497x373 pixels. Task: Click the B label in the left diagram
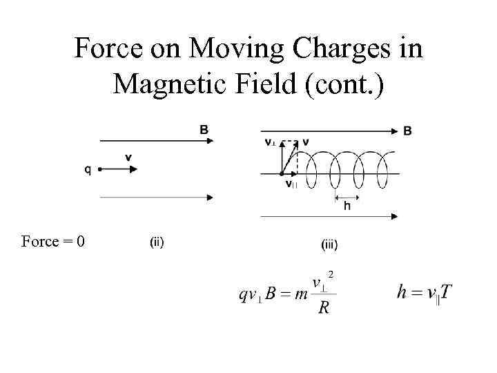pyautogui.click(x=204, y=129)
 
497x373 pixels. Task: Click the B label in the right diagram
pyautogui.click(x=408, y=130)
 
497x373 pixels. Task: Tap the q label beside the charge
pyautogui.click(x=88, y=171)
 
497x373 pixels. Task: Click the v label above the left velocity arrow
pyautogui.click(x=128, y=157)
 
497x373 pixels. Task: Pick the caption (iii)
pyautogui.click(x=329, y=243)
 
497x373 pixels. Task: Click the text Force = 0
pyautogui.click(x=53, y=241)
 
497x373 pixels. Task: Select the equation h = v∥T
pyautogui.click(x=425, y=292)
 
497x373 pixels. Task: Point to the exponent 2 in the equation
pyautogui.click(x=331, y=275)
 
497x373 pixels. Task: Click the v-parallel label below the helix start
pyautogui.click(x=291, y=184)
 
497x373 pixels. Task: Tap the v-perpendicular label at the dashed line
pyautogui.click(x=270, y=143)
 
